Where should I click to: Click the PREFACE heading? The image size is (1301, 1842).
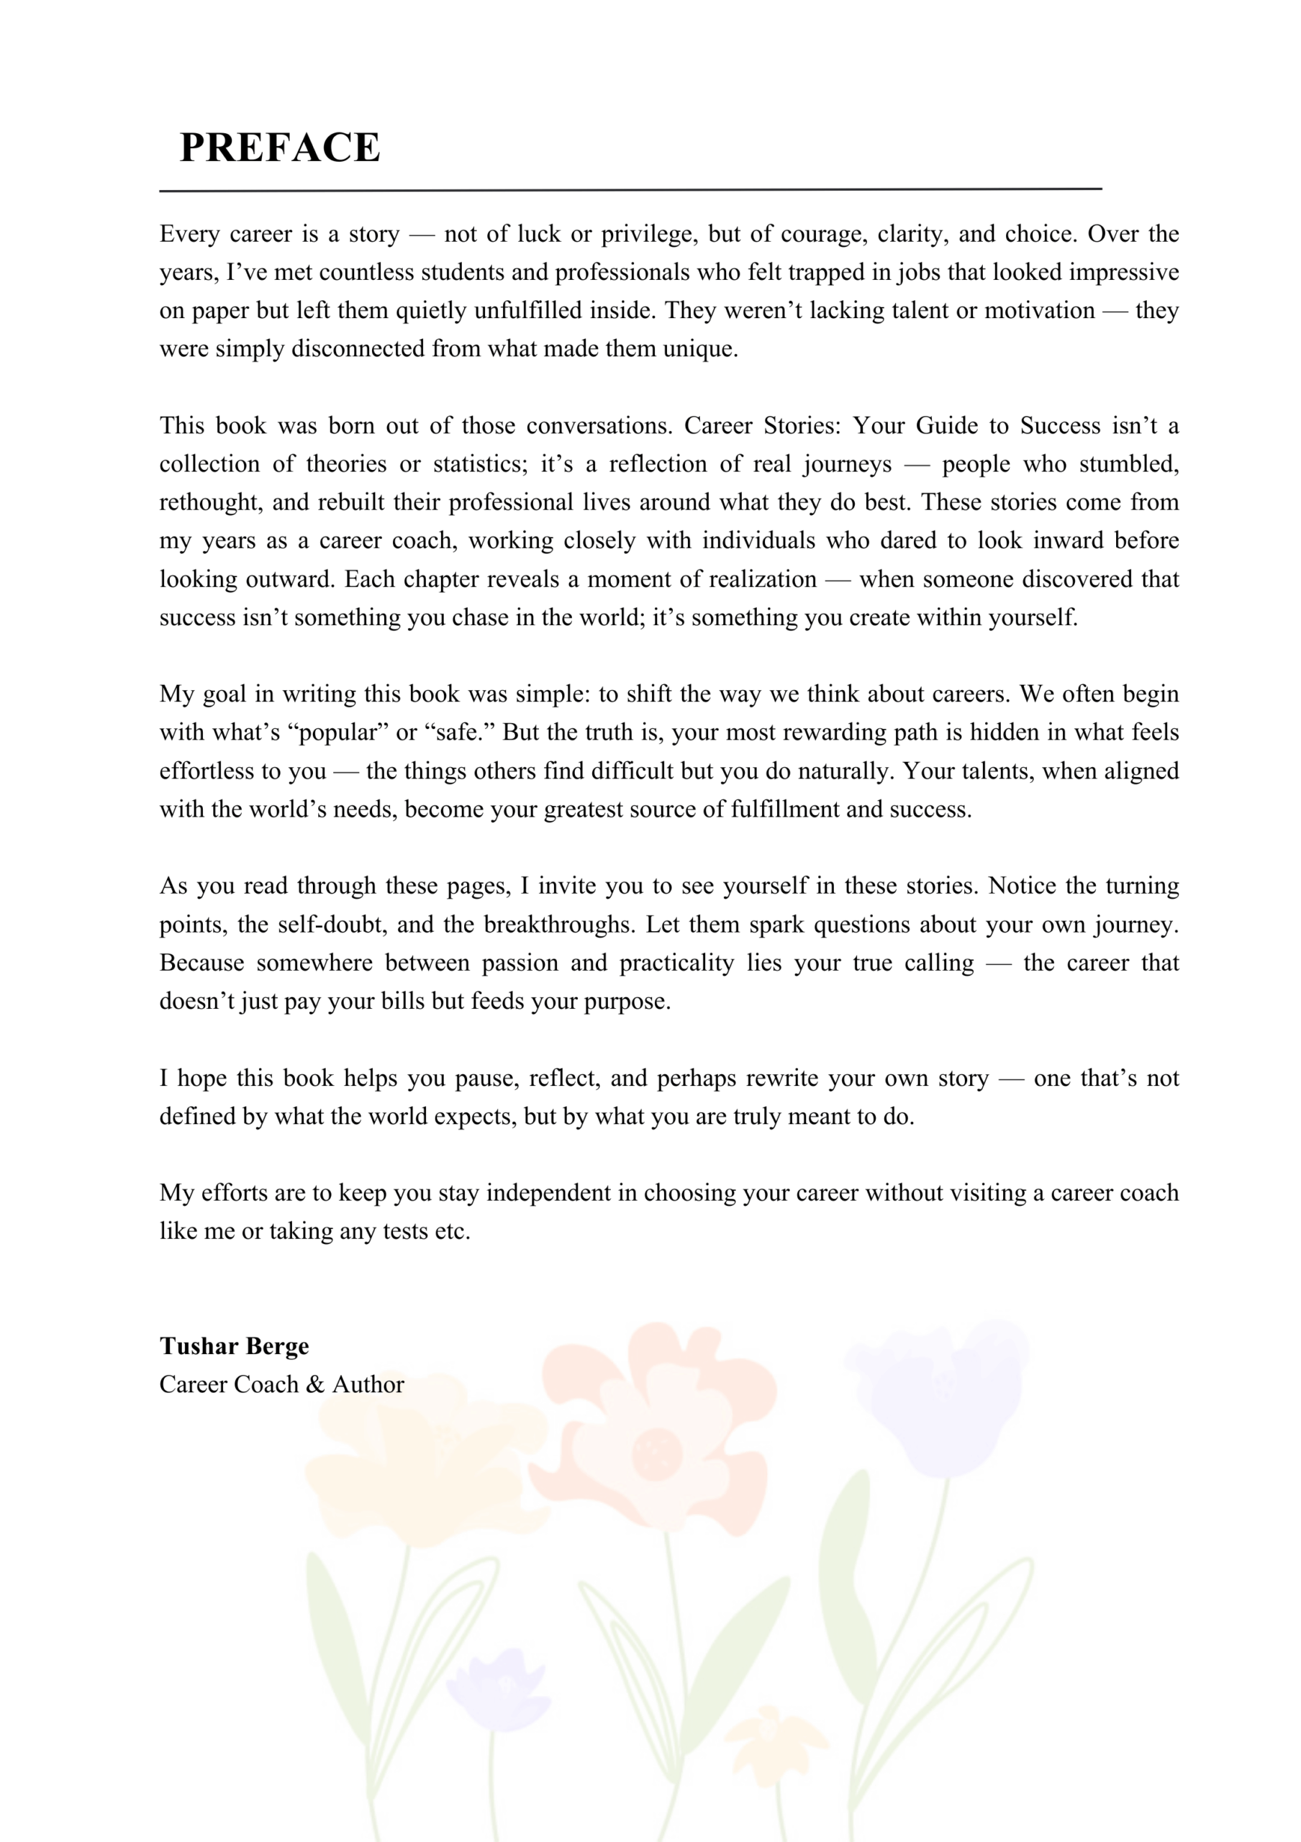(x=279, y=148)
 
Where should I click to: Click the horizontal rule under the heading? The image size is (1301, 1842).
(x=630, y=190)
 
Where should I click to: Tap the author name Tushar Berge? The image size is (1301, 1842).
(x=233, y=1346)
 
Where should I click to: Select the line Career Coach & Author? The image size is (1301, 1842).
(x=281, y=1384)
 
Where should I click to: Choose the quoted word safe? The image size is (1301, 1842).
(x=455, y=732)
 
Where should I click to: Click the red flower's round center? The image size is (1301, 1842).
(x=656, y=1453)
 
